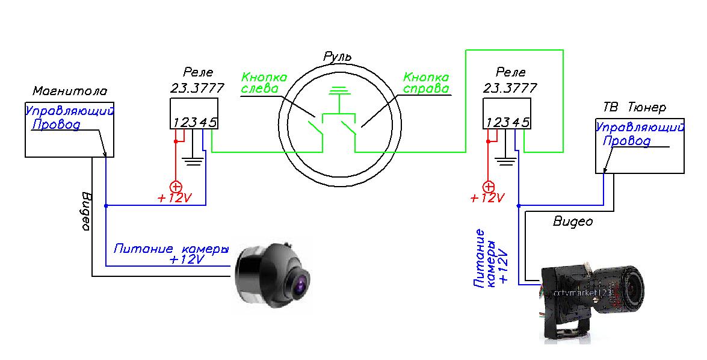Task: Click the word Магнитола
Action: point(70,92)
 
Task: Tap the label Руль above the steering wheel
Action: point(338,57)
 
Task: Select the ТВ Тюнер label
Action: point(634,108)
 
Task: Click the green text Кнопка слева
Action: point(264,83)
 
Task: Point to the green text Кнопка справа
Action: point(426,83)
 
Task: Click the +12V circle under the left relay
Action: point(176,185)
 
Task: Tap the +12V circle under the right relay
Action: point(489,186)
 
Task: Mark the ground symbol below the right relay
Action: point(507,161)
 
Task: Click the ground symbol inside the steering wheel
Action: point(340,92)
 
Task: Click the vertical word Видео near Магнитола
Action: point(85,211)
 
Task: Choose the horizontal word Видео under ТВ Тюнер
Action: point(572,222)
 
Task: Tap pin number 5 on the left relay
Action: point(213,123)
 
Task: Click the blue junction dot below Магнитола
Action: point(106,205)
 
